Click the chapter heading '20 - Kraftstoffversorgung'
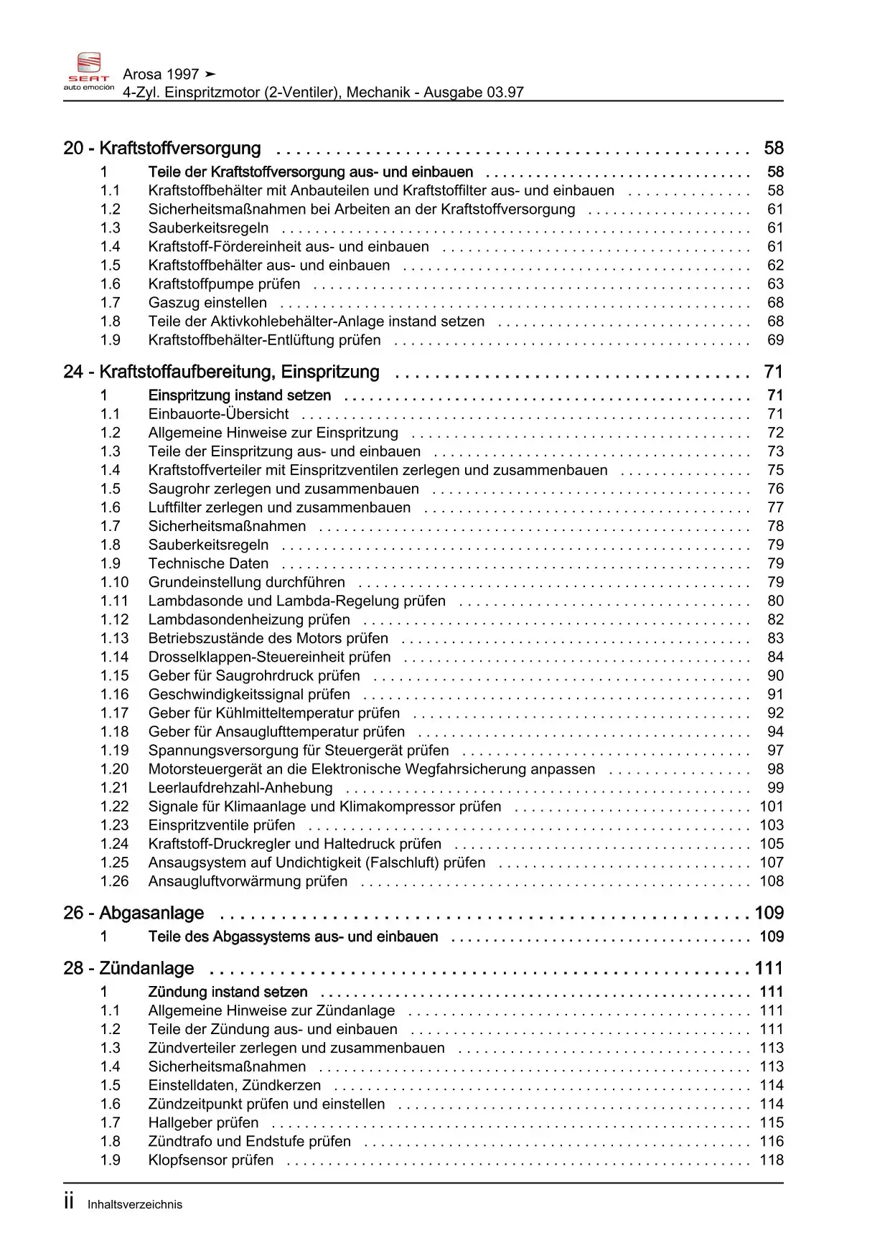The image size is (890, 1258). click(162, 149)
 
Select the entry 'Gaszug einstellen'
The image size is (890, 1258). click(207, 303)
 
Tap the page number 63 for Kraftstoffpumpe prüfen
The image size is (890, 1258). click(775, 284)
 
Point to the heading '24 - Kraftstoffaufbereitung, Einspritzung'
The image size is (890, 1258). click(221, 372)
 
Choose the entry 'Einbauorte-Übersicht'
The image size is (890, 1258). click(218, 414)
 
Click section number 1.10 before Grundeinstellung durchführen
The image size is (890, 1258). click(114, 582)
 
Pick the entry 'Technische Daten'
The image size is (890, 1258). click(208, 563)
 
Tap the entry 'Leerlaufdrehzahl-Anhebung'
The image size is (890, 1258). click(240, 788)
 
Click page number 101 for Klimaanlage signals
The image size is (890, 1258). click(772, 807)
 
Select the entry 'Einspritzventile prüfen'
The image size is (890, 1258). click(221, 825)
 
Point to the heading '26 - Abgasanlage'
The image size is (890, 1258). click(133, 914)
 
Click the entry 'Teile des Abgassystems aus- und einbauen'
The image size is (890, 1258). click(293, 937)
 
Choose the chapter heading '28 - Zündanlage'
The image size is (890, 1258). click(128, 969)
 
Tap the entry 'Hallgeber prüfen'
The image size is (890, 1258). click(203, 1123)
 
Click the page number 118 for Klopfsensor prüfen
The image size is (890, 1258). click(772, 1160)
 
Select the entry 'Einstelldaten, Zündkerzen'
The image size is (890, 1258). click(234, 1086)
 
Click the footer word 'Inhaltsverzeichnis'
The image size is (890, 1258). click(135, 1205)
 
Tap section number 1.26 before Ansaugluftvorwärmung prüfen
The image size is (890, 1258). click(114, 881)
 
